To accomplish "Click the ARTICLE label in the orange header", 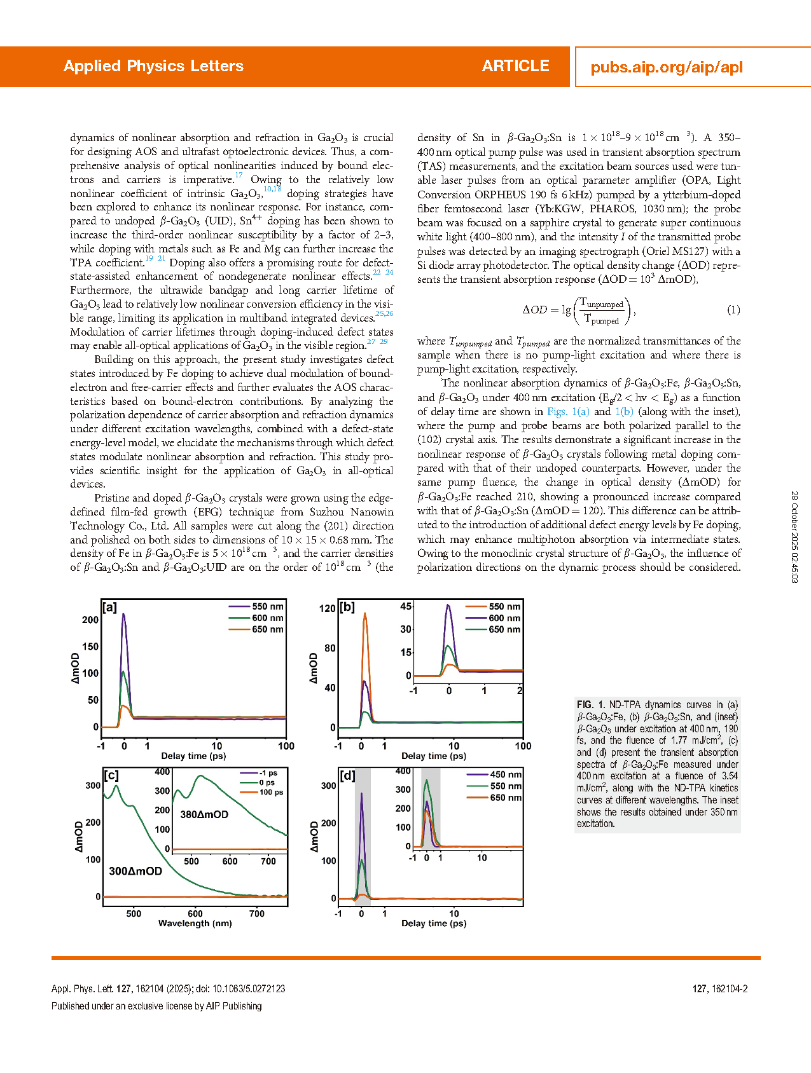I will pyautogui.click(x=515, y=66).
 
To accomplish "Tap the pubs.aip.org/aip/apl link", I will pyautogui.click(x=667, y=67).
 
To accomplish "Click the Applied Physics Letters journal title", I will pyautogui.click(x=153, y=66).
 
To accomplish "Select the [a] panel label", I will pyautogui.click(x=110, y=608).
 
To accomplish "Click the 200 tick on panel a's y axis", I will pyautogui.click(x=91, y=620).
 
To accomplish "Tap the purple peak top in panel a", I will pyautogui.click(x=123, y=614).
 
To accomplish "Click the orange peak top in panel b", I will pyautogui.click(x=365, y=613).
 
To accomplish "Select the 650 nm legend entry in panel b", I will pyautogui.click(x=504, y=629).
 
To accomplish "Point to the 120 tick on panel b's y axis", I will pyautogui.click(x=327, y=608).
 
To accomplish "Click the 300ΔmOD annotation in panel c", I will pyautogui.click(x=135, y=871).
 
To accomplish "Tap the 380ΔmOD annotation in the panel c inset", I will pyautogui.click(x=204, y=814).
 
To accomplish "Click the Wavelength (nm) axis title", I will pyautogui.click(x=195, y=923).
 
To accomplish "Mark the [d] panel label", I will pyautogui.click(x=347, y=776).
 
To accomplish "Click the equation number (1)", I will pyautogui.click(x=733, y=310).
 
